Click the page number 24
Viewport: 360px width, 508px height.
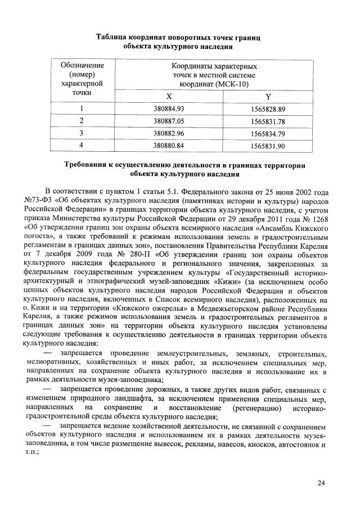321,483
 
